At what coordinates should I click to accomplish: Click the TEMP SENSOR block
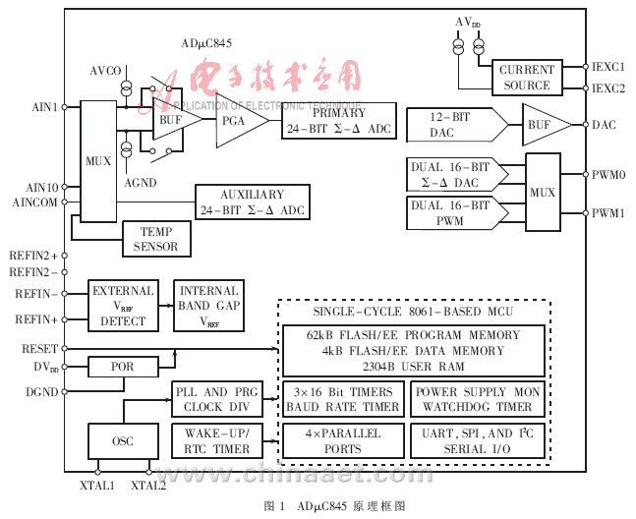coord(156,239)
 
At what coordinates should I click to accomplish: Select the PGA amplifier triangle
coord(237,121)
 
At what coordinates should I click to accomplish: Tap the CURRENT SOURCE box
coord(526,78)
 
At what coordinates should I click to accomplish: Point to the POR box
coord(122,368)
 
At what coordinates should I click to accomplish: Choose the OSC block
coord(122,441)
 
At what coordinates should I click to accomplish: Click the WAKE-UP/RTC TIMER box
coord(217,441)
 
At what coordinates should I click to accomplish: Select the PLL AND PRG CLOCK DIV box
coord(217,399)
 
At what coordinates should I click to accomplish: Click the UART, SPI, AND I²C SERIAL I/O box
coord(476,441)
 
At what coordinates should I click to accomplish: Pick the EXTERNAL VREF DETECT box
coord(123,306)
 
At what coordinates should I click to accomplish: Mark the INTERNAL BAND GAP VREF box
coord(208,306)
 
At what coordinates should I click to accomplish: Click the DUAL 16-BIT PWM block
coord(453,213)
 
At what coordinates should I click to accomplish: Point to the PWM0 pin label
coord(608,175)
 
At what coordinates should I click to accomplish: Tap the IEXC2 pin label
coord(608,88)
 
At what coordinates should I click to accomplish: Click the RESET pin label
coord(40,349)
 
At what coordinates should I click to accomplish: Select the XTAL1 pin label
coord(96,487)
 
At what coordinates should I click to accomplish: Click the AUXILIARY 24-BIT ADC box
coord(253,202)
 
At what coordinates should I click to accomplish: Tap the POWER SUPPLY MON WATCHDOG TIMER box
coord(476,399)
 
